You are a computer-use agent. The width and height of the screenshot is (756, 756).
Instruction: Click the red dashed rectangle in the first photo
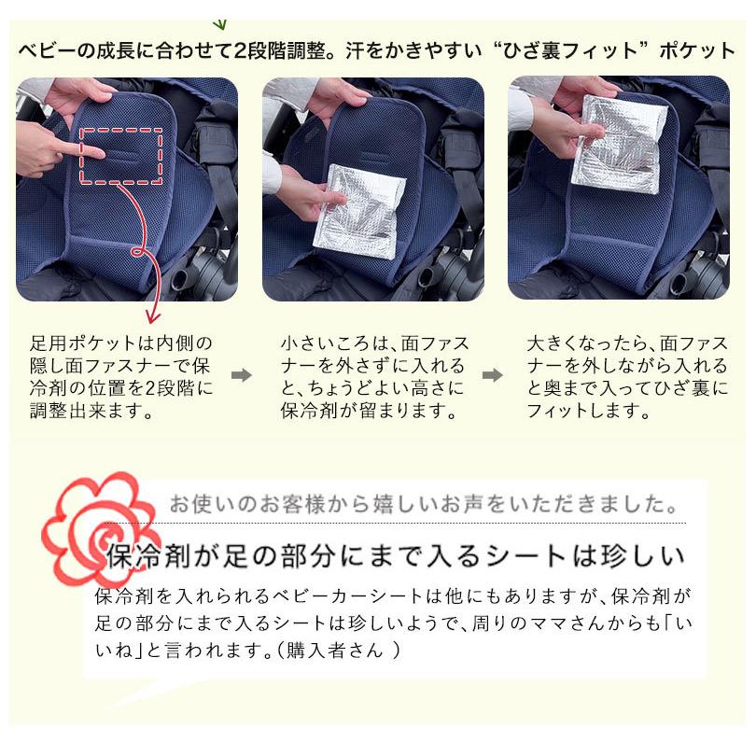coord(121,156)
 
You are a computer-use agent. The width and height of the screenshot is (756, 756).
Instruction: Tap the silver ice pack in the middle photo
coord(358,213)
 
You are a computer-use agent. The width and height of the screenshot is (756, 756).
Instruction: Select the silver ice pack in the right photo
coord(620,143)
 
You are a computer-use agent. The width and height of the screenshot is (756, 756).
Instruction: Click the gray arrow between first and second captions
coord(242,375)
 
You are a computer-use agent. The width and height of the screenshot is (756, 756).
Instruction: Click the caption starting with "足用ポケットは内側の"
coord(121,376)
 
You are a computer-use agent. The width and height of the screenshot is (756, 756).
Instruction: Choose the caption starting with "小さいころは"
coord(373,376)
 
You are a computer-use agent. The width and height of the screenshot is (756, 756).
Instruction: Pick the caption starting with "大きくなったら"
coord(626,376)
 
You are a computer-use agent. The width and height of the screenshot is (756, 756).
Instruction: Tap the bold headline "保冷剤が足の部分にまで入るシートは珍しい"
coord(397,556)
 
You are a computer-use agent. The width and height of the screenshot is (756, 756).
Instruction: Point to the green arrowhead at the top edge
coord(220,22)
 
